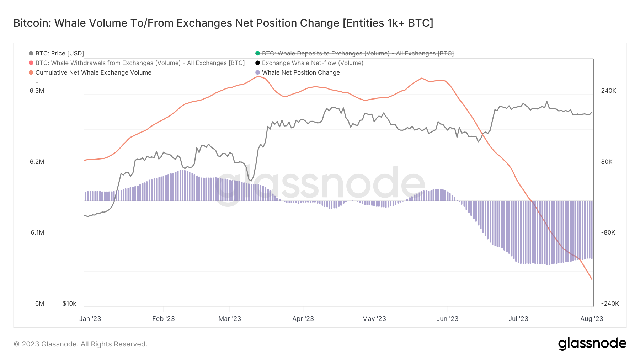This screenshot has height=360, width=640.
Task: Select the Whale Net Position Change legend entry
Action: [x=300, y=72]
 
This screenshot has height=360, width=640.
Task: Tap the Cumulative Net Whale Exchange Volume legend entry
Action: [x=93, y=72]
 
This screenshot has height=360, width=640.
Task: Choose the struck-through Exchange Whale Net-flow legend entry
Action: [x=312, y=63]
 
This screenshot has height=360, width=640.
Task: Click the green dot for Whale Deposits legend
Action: [x=257, y=53]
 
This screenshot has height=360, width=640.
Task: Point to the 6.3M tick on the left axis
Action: [x=37, y=91]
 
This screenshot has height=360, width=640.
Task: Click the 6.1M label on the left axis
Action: [x=37, y=232]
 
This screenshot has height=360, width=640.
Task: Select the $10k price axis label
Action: [x=69, y=303]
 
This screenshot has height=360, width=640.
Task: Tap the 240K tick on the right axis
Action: [x=608, y=91]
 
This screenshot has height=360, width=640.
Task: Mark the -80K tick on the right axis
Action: [x=608, y=232]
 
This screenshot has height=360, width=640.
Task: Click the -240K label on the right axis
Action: [x=610, y=303]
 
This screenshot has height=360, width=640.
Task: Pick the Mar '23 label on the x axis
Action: [x=230, y=319]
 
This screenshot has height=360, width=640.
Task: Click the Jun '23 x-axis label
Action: [x=447, y=319]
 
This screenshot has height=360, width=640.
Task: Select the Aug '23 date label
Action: [x=591, y=319]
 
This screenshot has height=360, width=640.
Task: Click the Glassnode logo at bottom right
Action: [x=592, y=344]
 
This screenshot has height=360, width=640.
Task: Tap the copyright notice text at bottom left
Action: [x=80, y=344]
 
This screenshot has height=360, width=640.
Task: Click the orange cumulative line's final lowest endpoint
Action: [x=592, y=279]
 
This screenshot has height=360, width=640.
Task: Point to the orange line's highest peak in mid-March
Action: [x=259, y=76]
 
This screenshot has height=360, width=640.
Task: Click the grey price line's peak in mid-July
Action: [x=547, y=102]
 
